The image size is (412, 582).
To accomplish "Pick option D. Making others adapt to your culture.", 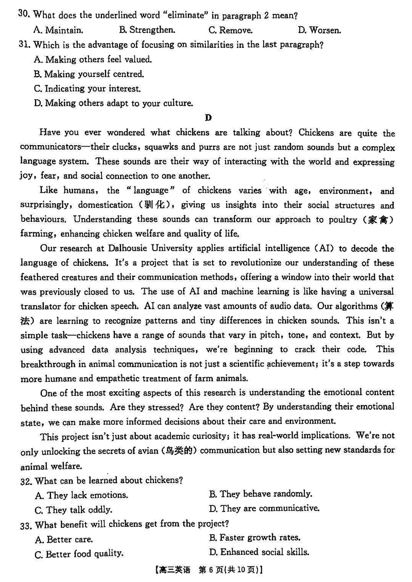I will pos(113,103).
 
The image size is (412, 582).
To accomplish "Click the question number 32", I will pos(26,480).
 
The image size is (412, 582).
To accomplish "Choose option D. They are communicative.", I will pos(264,508).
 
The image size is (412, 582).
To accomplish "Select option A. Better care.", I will pos(64,539).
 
